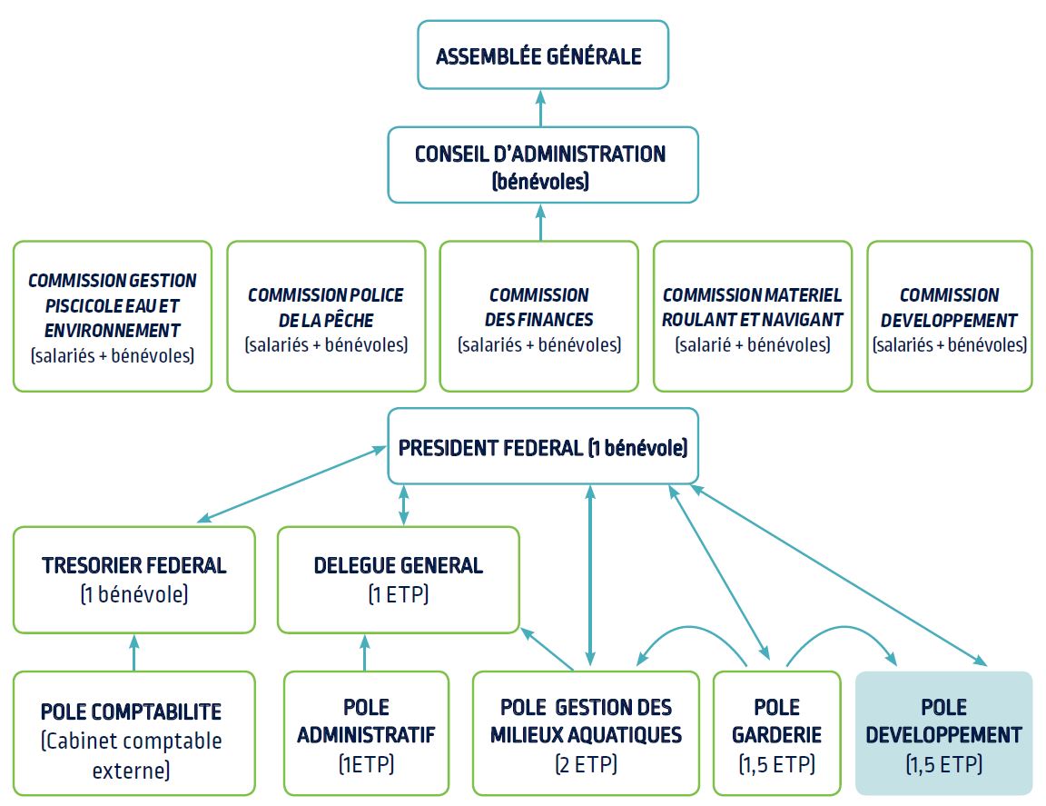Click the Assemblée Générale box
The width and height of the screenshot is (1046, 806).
542,55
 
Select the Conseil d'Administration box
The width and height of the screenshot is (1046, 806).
542,164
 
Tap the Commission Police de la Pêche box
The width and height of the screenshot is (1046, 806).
326,316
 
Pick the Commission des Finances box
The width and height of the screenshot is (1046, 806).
539,316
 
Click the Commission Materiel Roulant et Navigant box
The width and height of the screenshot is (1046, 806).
753,316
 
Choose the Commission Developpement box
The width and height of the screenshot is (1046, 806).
949,316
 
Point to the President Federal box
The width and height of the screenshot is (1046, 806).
543,447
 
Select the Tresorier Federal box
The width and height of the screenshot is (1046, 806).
134,579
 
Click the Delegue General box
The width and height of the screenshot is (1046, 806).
399,579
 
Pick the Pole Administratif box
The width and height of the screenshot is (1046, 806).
366,733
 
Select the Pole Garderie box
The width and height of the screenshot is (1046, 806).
776,733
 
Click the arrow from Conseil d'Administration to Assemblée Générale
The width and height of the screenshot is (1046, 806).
541,108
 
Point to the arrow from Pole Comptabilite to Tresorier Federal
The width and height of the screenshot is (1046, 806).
134,652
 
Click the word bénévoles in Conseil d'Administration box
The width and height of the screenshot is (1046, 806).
541,182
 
